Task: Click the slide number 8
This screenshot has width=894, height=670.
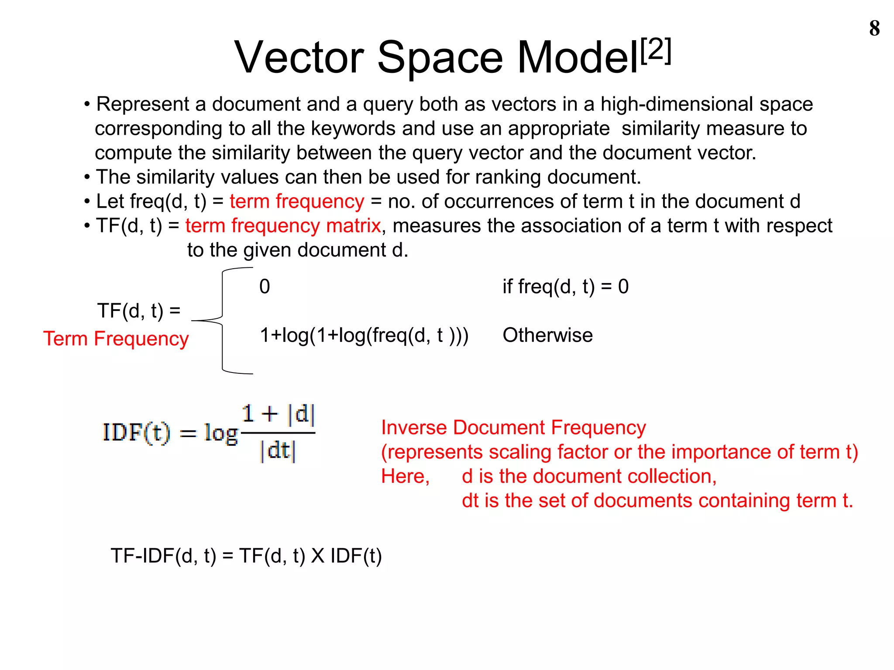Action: click(x=874, y=28)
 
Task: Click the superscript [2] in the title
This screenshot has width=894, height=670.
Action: click(x=656, y=51)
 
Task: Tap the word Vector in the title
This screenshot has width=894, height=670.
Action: click(x=299, y=58)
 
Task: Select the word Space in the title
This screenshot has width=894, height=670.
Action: click(x=440, y=58)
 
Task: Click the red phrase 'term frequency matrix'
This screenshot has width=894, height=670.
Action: click(x=283, y=226)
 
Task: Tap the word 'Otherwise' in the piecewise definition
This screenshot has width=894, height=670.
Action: click(x=547, y=335)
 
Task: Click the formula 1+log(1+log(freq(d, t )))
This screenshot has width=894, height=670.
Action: click(x=364, y=335)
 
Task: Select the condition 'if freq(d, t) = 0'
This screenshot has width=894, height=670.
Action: click(x=565, y=287)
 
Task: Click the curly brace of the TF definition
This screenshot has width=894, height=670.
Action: click(x=222, y=321)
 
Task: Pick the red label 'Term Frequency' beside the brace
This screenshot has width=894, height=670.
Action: click(x=116, y=339)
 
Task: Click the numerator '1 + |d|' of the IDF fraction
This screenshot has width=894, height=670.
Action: click(x=278, y=414)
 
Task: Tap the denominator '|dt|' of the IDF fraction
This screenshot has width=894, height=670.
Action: click(x=278, y=451)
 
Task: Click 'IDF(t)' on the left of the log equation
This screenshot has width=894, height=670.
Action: click(x=136, y=433)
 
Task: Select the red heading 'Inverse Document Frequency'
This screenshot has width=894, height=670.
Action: click(x=513, y=427)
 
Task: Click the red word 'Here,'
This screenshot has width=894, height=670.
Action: click(x=405, y=476)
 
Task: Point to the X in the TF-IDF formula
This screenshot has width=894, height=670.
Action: click(x=317, y=556)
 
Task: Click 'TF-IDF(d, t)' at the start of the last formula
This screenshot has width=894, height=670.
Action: click(x=163, y=556)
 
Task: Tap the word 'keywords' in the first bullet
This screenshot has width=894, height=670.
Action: click(x=353, y=129)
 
